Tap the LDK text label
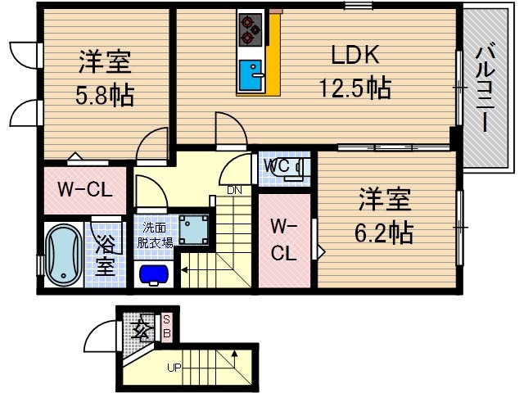[x=355, y=56]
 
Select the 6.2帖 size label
[x=383, y=232]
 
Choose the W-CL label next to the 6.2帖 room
[x=283, y=239]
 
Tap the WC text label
[x=277, y=166]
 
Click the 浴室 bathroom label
[x=105, y=255]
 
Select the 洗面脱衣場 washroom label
[x=155, y=235]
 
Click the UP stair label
[x=174, y=368]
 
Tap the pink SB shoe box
[x=166, y=327]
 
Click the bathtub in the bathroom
[x=61, y=256]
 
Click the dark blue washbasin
[x=155, y=273]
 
